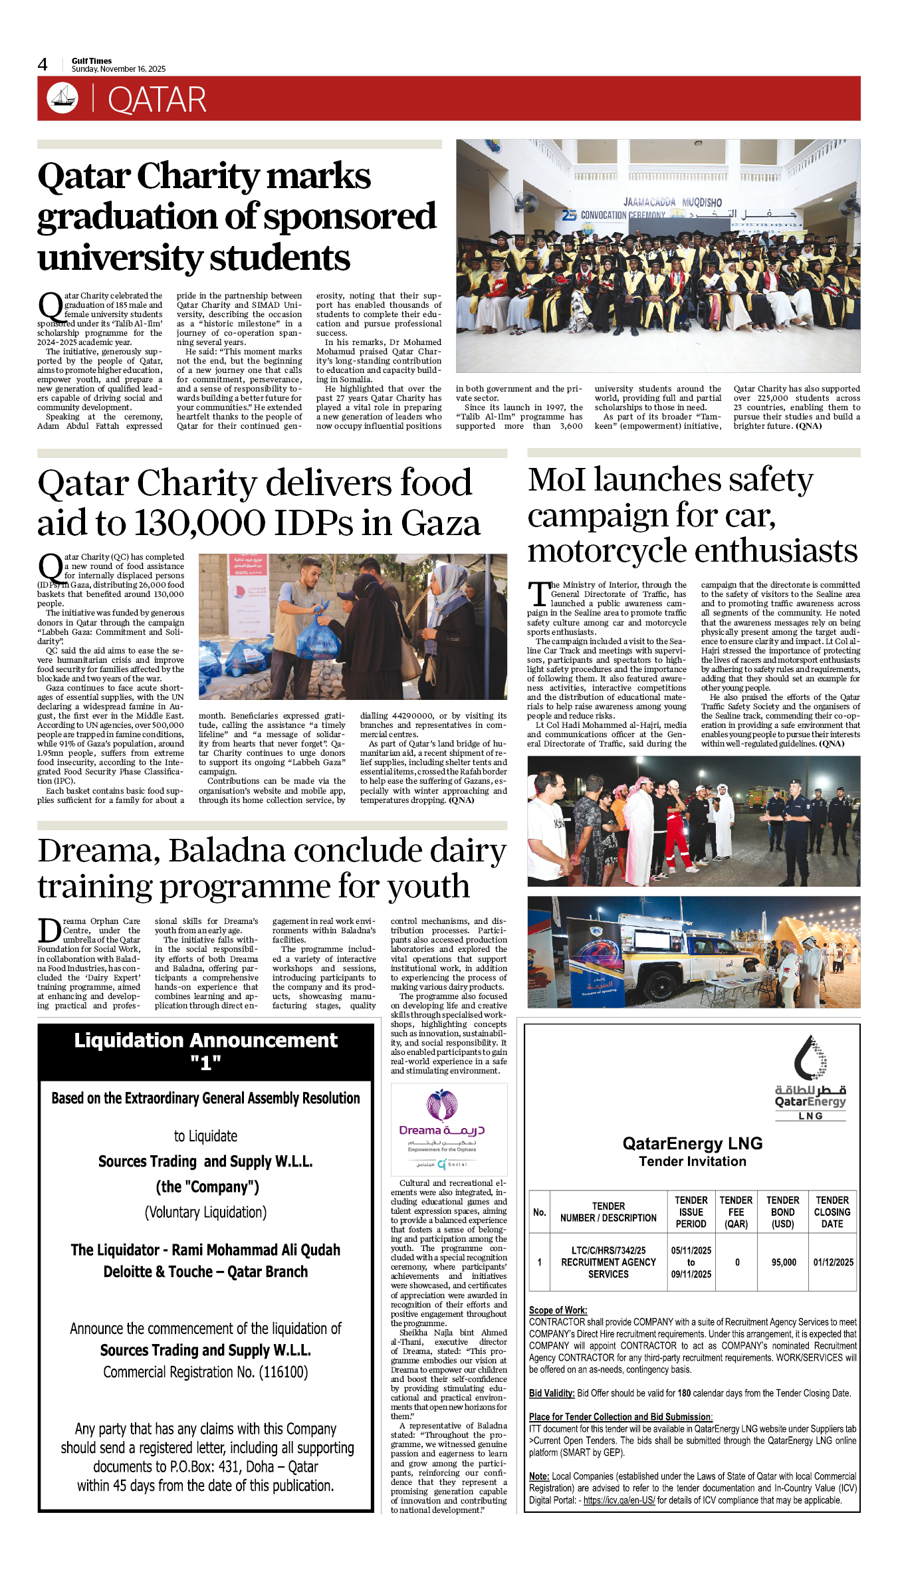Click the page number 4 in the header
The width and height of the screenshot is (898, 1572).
point(43,64)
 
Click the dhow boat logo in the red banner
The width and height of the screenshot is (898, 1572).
point(62,98)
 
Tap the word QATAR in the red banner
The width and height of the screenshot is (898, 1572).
point(157,100)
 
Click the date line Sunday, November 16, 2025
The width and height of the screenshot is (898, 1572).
point(118,69)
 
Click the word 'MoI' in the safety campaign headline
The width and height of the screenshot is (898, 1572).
point(556,480)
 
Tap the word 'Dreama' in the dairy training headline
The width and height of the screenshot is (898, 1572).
point(98,851)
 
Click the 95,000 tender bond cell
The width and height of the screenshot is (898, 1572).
point(784,1262)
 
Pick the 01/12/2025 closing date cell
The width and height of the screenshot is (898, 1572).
point(833,1262)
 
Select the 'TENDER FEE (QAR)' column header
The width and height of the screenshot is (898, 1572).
point(736,1212)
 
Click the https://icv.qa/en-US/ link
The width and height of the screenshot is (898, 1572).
point(619,1500)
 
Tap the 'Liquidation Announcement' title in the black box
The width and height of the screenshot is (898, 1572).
point(205,1040)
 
